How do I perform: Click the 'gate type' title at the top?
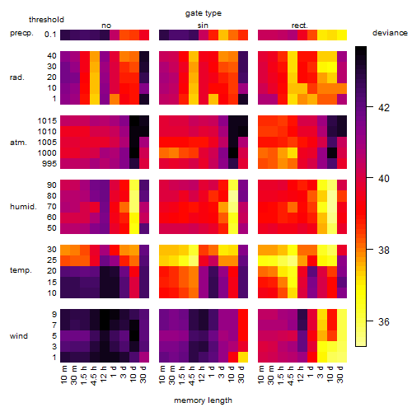tap(204, 13)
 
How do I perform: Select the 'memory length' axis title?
tap(203, 400)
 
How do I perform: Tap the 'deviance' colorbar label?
tap(390, 33)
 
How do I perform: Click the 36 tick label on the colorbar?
tap(384, 321)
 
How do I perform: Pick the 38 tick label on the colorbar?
tap(384, 250)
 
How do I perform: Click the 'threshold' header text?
tap(46, 20)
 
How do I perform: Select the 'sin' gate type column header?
tap(203, 26)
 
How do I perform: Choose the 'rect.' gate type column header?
tap(299, 26)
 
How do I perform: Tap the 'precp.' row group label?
tap(21, 33)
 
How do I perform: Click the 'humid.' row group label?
tap(23, 206)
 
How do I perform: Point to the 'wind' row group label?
tap(19, 335)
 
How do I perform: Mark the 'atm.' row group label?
tap(18, 143)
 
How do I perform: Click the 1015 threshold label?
tap(47, 121)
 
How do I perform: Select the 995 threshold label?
tap(49, 164)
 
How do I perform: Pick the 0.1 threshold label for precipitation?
tap(50, 35)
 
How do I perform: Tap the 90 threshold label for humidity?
tap(52, 185)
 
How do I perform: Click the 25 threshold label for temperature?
tap(52, 260)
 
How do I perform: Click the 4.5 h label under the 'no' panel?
tap(94, 376)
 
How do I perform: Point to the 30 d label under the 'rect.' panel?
tap(340, 374)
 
